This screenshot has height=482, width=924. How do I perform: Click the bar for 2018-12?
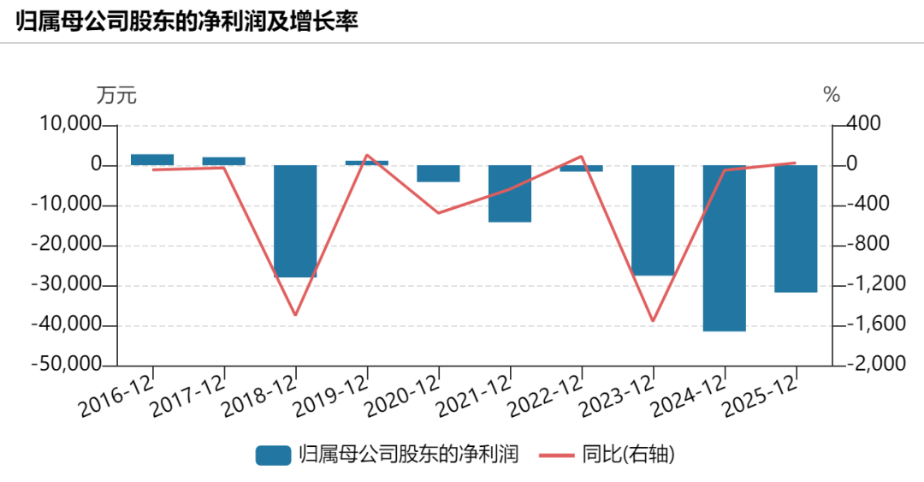(x=295, y=221)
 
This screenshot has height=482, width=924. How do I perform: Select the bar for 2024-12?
(x=725, y=248)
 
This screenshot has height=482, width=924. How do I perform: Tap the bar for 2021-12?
(x=510, y=193)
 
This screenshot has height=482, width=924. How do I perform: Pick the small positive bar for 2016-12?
(x=152, y=160)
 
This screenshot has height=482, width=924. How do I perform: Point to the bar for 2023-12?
(x=653, y=220)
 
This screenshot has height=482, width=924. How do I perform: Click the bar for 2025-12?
(x=797, y=229)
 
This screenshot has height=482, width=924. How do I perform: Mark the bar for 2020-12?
(x=438, y=174)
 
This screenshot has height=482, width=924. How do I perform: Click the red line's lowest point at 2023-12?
(x=653, y=322)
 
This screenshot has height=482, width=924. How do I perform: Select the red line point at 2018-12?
(x=295, y=315)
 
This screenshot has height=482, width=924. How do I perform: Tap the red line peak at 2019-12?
(x=367, y=155)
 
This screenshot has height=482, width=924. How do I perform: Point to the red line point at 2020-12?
(x=438, y=213)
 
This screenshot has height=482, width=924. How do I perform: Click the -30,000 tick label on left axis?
(x=65, y=285)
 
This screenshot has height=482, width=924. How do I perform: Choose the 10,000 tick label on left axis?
(x=70, y=124)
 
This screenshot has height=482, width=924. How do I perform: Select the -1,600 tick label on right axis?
(x=876, y=324)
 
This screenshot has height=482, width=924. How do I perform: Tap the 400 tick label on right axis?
(x=864, y=124)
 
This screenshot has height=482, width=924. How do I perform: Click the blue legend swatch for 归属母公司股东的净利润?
(x=273, y=455)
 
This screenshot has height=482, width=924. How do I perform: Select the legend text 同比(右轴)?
(x=628, y=455)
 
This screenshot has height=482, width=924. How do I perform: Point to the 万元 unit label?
(x=116, y=95)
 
